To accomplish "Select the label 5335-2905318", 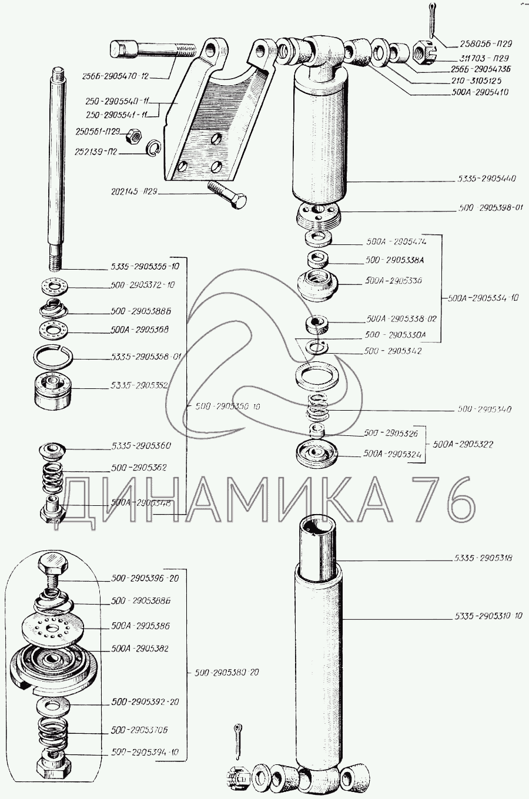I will coord(483,558).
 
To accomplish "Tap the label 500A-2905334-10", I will coord(483,298).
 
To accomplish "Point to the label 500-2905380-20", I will coord(227,672).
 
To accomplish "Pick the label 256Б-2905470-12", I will coord(116,76).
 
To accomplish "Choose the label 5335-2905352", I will coord(140,386).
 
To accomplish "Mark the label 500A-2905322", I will coord(463,444).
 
